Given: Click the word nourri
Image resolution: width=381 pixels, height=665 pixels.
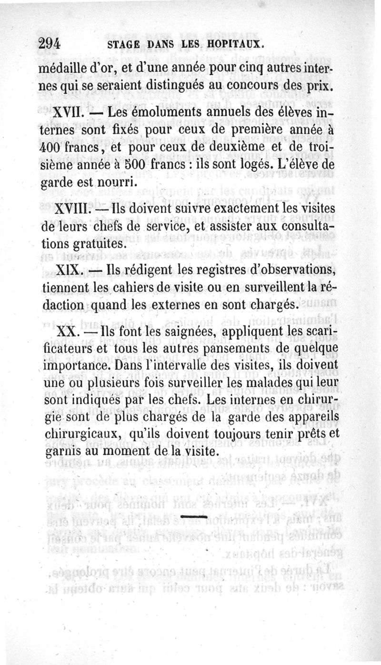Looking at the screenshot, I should (x=107, y=182).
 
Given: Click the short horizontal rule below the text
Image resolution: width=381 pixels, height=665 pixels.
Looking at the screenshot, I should (x=195, y=516).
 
